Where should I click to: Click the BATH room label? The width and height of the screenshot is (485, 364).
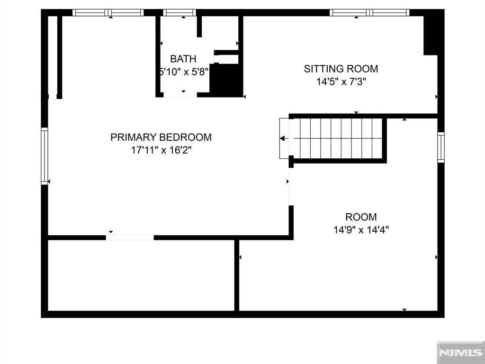click(183, 58)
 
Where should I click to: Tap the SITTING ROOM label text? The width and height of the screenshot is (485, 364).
click(341, 69)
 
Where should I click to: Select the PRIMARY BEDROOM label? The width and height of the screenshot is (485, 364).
click(161, 137)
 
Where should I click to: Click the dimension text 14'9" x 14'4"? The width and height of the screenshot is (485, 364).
click(361, 230)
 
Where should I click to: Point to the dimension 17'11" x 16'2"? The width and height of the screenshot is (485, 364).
click(161, 150)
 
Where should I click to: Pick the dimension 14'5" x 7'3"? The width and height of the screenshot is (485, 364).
click(341, 82)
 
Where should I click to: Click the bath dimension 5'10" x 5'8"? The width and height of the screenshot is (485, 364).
click(184, 72)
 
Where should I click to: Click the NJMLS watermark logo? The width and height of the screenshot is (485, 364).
click(461, 353)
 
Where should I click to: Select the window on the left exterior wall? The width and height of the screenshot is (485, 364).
click(45, 156)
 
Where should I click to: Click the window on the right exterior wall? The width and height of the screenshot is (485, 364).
click(441, 147)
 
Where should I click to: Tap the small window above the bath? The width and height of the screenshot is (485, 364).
click(180, 12)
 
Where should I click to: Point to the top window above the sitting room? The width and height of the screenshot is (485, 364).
click(369, 12)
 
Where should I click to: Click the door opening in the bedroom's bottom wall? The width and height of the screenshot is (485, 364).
click(130, 238)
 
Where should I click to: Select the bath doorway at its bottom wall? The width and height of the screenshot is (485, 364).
click(180, 95)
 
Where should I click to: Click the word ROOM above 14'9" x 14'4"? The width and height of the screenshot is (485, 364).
click(361, 217)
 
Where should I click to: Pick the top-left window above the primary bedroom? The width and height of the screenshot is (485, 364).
click(108, 12)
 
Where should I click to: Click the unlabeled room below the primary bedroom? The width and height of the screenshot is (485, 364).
click(141, 275)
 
